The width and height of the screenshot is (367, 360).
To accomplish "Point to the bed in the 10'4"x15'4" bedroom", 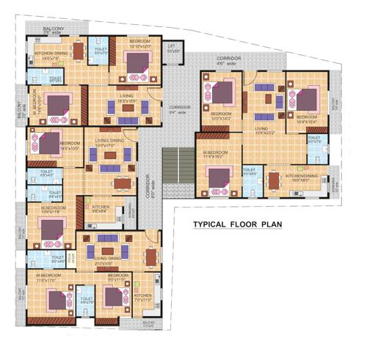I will [308, 98].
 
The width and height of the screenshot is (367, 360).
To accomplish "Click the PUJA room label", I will [72, 257].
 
